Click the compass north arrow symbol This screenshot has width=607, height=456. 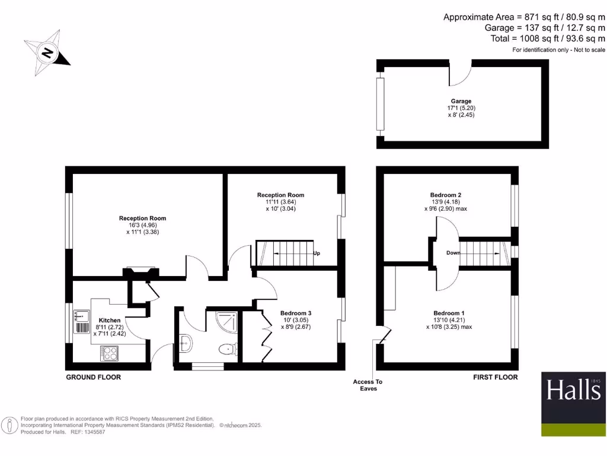pyautogui.click(x=47, y=54)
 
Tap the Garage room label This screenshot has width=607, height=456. pyautogui.click(x=461, y=102)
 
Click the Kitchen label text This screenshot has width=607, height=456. pyautogui.click(x=110, y=320)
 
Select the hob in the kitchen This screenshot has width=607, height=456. pyautogui.click(x=110, y=353)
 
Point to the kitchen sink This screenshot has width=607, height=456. pyautogui.click(x=81, y=316)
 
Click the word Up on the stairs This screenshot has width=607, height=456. pyautogui.click(x=317, y=254)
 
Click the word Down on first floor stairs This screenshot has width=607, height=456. pyautogui.click(x=453, y=253)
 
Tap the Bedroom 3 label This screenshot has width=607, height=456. pyautogui.click(x=296, y=313)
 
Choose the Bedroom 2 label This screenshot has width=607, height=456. pyautogui.click(x=445, y=195)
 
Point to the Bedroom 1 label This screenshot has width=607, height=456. pyautogui.click(x=449, y=313)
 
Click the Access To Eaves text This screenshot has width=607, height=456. pyautogui.click(x=368, y=385)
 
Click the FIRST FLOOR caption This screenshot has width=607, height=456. pyautogui.click(x=495, y=377)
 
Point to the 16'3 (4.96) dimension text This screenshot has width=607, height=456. pyautogui.click(x=142, y=226)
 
